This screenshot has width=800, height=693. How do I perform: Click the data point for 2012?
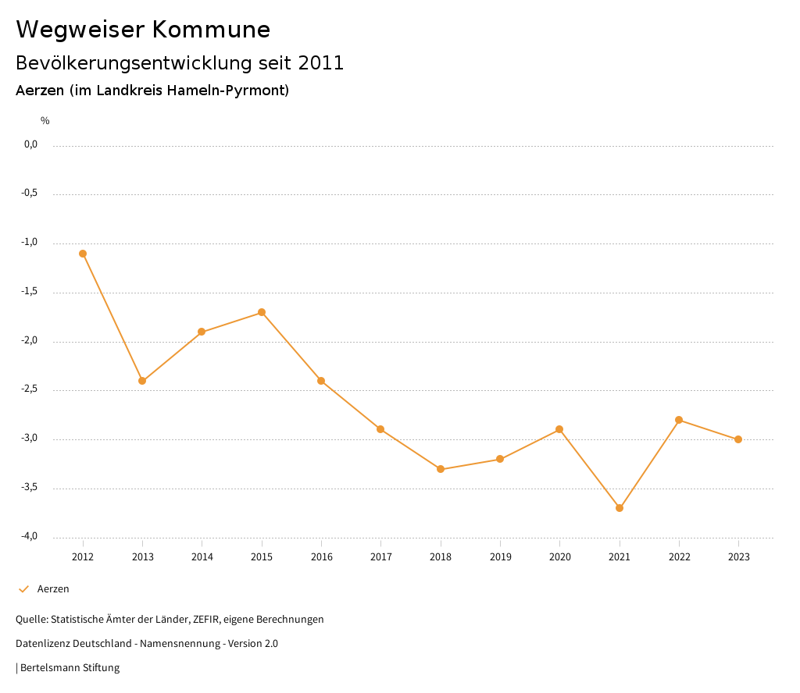pyautogui.click(x=83, y=254)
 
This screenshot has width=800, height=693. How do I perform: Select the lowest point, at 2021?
pyautogui.click(x=620, y=508)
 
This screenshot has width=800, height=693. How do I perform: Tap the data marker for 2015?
pyautogui.click(x=262, y=312)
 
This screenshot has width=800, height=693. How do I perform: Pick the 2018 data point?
pyautogui.click(x=441, y=469)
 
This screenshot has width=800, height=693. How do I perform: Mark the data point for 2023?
pyautogui.click(x=738, y=439)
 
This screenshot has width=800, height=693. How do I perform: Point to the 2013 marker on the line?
pyautogui.click(x=142, y=381)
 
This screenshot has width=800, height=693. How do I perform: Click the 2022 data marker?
pyautogui.click(x=679, y=420)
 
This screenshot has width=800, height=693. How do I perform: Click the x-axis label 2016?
pyautogui.click(x=321, y=557)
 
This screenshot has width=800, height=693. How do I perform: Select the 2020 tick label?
pyautogui.click(x=559, y=557)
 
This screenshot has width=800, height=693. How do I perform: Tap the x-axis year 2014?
pyautogui.click(x=202, y=557)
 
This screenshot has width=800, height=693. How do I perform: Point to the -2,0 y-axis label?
pyautogui.click(x=30, y=341)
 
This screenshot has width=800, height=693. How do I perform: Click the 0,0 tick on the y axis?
pyautogui.click(x=30, y=144)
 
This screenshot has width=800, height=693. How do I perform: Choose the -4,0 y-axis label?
pyautogui.click(x=30, y=536)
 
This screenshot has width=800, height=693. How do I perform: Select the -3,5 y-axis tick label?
pyautogui.click(x=30, y=488)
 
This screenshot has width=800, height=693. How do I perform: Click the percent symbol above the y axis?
pyautogui.click(x=45, y=121)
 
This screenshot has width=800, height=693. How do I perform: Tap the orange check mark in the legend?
pyautogui.click(x=23, y=589)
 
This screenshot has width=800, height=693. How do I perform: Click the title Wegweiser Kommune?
pyautogui.click(x=143, y=30)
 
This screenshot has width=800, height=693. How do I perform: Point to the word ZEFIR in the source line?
pyautogui.click(x=206, y=620)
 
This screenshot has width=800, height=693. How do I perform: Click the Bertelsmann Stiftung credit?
pyautogui.click(x=70, y=668)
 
